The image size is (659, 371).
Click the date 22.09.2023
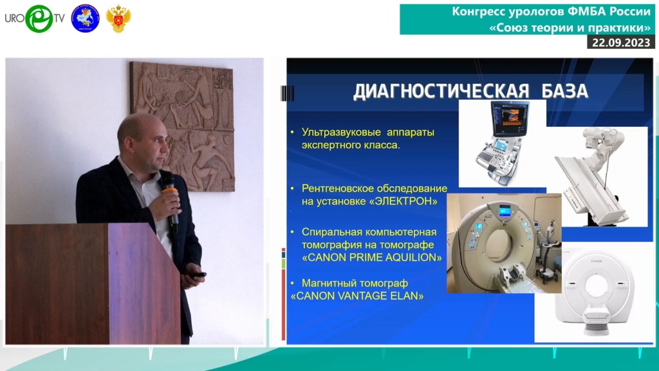(621, 43)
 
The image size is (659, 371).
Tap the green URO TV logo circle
(39, 19)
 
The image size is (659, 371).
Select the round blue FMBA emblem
(86, 19)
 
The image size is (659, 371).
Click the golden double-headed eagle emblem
(118, 19)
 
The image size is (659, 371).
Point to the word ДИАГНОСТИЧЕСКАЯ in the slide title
(441, 91)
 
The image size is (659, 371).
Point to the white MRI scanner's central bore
(596, 286)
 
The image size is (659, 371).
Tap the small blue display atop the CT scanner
(505, 210)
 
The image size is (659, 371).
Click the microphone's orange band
(170, 192)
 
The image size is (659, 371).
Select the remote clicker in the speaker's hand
(198, 276)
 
